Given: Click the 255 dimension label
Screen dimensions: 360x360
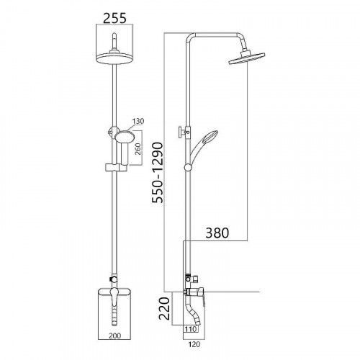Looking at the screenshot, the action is point(114,19).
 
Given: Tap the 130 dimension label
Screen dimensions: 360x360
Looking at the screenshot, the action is point(138,121).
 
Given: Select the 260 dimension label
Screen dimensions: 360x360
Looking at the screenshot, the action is point(138,149).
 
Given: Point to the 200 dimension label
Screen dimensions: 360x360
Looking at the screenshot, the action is point(115,336).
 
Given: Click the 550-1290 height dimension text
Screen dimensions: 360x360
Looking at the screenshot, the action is point(158,173).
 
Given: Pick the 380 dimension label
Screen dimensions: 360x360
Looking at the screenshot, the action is point(217,233).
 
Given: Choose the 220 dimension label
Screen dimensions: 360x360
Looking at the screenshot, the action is point(164,308).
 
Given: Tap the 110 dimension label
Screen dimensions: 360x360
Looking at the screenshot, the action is point(191,329).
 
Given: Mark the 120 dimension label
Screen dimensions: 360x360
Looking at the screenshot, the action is point(194,344).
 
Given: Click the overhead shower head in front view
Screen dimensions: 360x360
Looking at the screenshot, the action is point(114,58).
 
